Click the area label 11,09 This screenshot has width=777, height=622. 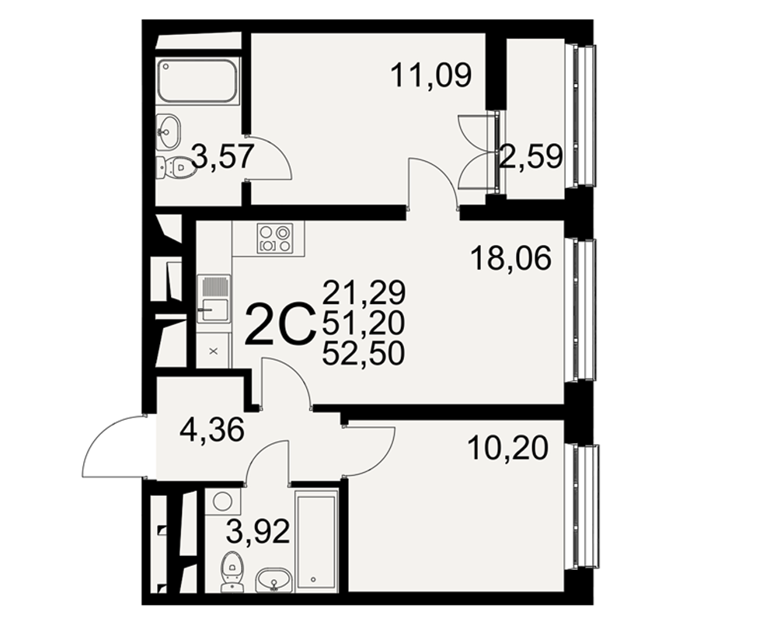[x=431, y=76]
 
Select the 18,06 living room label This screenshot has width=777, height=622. [x=511, y=258]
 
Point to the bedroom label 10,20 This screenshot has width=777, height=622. [x=508, y=448]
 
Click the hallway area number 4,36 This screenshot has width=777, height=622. [x=212, y=429]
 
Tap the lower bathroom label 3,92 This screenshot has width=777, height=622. [x=258, y=531]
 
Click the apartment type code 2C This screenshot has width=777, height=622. [x=280, y=325]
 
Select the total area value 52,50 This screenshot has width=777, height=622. [x=364, y=355]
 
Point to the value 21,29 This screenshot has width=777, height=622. [x=364, y=292]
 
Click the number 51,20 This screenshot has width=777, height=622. [x=364, y=323]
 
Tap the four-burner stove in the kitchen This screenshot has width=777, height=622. [x=275, y=238]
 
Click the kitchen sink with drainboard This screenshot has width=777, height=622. [x=214, y=299]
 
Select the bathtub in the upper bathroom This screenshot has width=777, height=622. [x=197, y=81]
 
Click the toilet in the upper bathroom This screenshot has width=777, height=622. [x=174, y=168]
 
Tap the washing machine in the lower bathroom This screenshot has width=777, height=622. [x=222, y=502]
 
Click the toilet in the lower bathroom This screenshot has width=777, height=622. [x=231, y=571]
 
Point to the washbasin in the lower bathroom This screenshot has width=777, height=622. [x=274, y=580]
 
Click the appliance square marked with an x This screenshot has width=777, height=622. [x=214, y=351]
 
